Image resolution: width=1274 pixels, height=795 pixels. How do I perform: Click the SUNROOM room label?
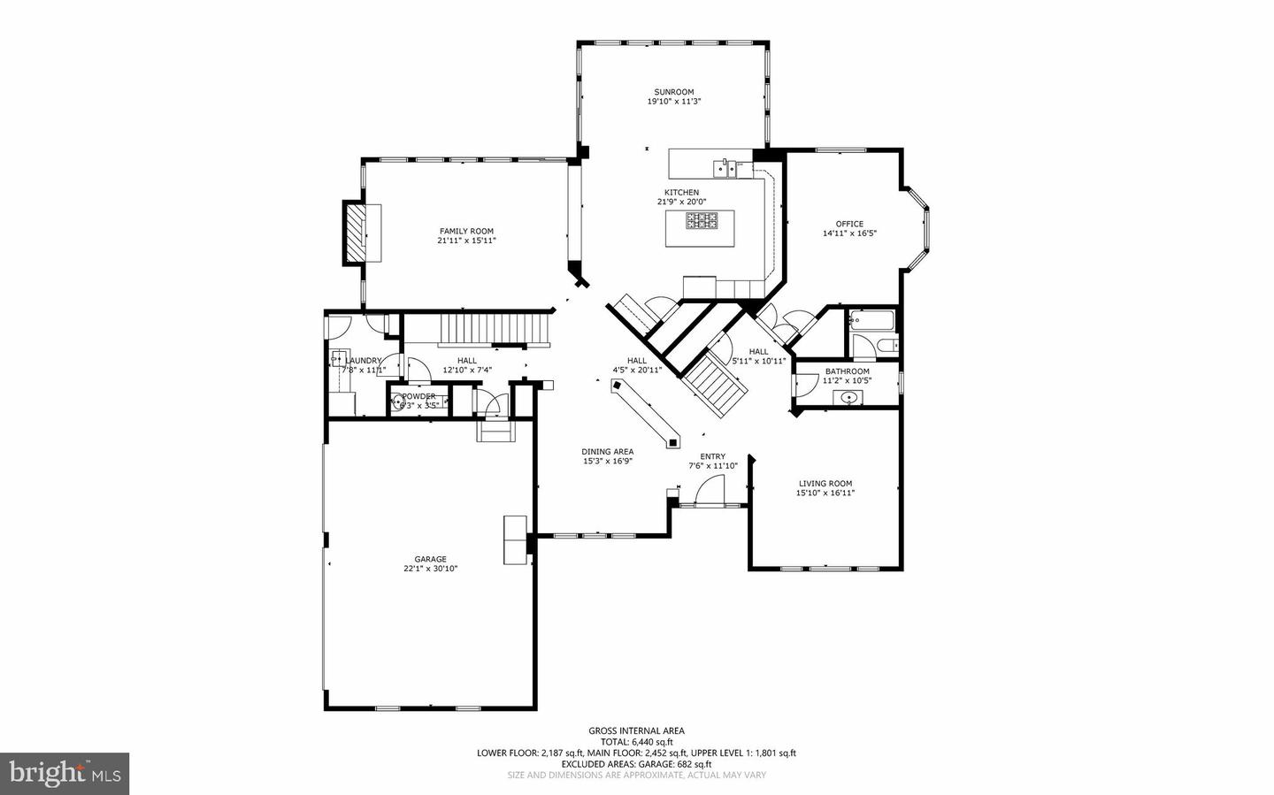pyautogui.click(x=673, y=92)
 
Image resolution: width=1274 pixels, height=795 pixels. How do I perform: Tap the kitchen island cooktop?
pyautogui.click(x=701, y=220)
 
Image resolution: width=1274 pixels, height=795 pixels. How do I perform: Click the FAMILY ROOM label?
pyautogui.click(x=466, y=232)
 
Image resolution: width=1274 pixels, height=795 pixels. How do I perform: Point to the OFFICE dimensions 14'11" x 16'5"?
pyautogui.click(x=849, y=234)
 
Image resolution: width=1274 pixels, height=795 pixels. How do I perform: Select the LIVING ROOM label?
pyautogui.click(x=825, y=484)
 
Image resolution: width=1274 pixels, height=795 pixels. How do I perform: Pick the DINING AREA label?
pyautogui.click(x=607, y=452)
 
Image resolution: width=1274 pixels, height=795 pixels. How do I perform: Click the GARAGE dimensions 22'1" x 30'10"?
pyautogui.click(x=430, y=569)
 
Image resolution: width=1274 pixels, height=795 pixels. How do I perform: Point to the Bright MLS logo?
pyautogui.click(x=64, y=774)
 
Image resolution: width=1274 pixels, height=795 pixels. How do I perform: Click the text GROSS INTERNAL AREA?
pyautogui.click(x=636, y=730)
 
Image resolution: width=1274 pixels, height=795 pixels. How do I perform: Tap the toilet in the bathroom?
pyautogui.click(x=889, y=345)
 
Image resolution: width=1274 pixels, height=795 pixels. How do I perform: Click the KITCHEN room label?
pyautogui.click(x=681, y=193)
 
